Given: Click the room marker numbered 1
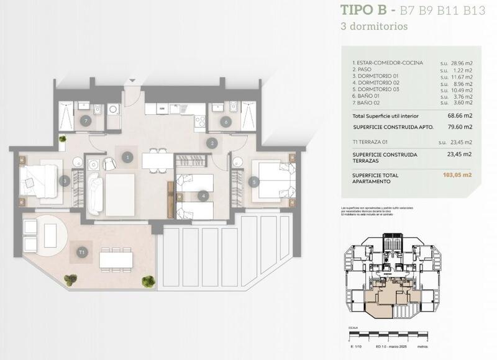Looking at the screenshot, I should (x=127, y=158).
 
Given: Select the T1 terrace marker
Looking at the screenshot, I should (x=82, y=252).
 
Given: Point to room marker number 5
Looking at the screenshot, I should (x=253, y=182).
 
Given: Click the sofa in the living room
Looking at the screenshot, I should (x=95, y=193).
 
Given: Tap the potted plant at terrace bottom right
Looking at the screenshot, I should (x=148, y=282).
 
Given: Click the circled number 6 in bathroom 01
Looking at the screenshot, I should (x=226, y=122).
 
